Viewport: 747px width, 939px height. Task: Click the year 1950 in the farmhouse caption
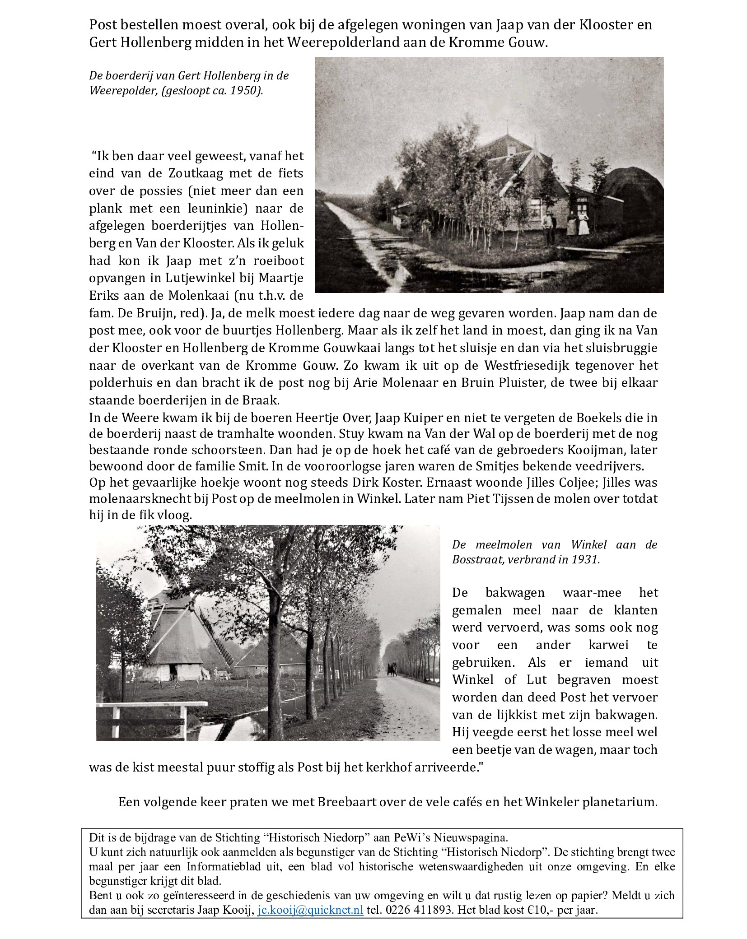(x=244, y=90)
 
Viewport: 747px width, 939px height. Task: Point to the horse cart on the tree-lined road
(x=391, y=669)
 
